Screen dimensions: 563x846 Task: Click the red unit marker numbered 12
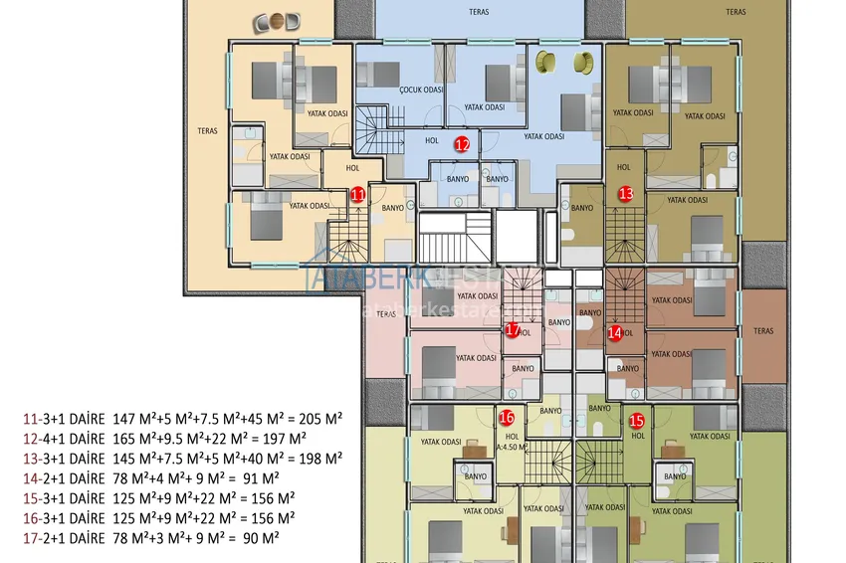point(462,143)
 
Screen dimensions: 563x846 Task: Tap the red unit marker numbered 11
point(357,196)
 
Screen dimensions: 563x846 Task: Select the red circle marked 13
point(626,193)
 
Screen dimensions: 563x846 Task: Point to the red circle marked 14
point(614,332)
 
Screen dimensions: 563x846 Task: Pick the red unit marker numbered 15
point(637,421)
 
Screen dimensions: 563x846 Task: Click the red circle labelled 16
point(507,418)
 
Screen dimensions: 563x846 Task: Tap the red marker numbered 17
point(513,329)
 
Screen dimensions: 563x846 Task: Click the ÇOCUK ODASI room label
point(421,89)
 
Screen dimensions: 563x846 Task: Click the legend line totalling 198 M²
point(182,458)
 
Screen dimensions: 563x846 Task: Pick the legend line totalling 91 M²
point(150,477)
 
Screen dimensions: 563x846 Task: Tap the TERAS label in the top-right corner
point(736,12)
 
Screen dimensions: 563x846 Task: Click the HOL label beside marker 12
point(432,141)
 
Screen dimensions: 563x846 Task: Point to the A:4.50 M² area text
point(511,447)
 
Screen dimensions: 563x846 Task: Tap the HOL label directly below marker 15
point(638,435)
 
